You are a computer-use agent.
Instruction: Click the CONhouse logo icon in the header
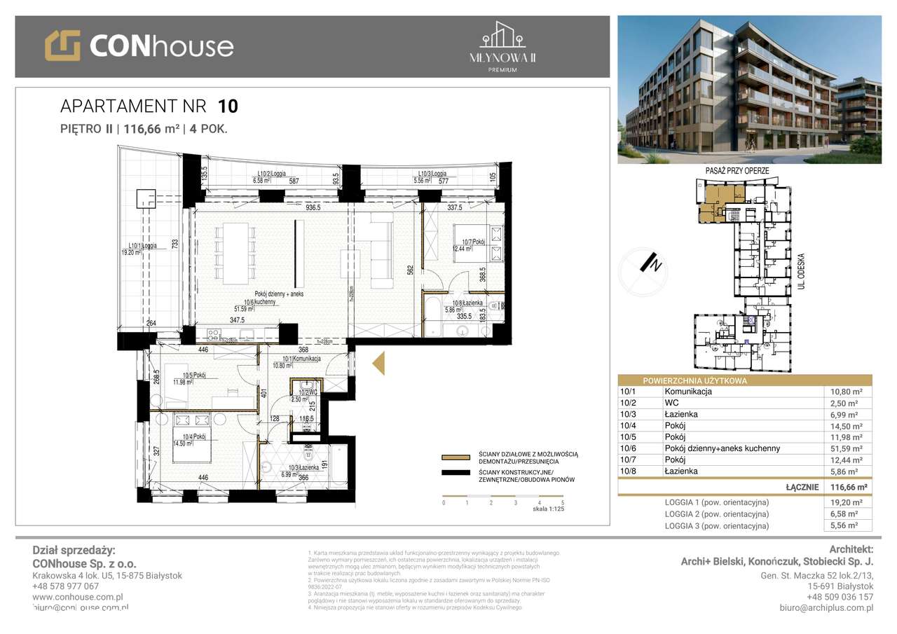(x=62, y=46)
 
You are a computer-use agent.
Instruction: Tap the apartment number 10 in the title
(x=228, y=106)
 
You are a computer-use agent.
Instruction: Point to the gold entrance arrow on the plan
(x=378, y=364)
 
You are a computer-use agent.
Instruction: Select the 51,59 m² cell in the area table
(x=847, y=448)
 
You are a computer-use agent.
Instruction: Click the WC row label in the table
(x=672, y=403)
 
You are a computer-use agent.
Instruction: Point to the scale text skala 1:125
(x=548, y=509)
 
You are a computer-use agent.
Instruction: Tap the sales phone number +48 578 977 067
(x=66, y=586)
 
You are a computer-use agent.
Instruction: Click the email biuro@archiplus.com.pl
(x=826, y=608)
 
